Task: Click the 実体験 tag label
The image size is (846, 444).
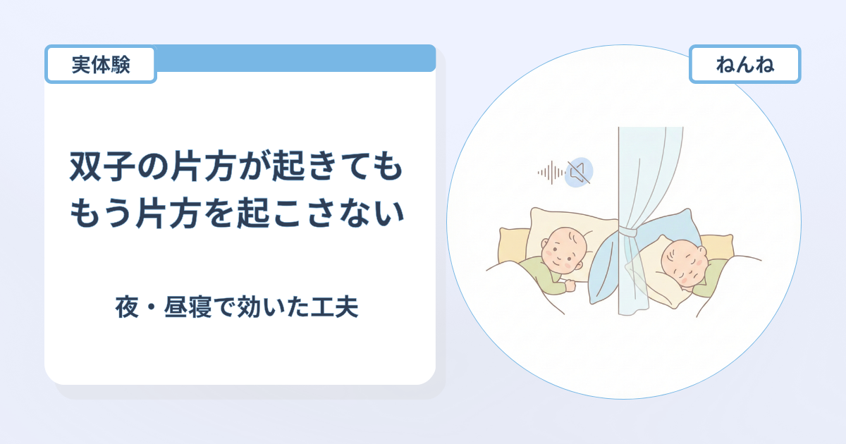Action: (x=100, y=64)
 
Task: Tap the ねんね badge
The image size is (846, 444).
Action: (x=744, y=64)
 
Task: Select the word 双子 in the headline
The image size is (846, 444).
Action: (x=103, y=166)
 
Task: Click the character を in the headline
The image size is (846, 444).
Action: (x=219, y=214)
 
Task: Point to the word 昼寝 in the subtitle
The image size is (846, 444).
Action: (x=188, y=307)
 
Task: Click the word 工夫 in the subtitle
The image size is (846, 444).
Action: (x=334, y=307)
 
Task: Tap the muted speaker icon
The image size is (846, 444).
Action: (x=579, y=172)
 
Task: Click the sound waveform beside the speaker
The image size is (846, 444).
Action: (x=551, y=173)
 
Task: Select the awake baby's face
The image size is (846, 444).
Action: (x=563, y=250)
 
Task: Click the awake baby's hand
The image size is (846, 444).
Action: (x=569, y=285)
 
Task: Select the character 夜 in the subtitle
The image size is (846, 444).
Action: (x=127, y=307)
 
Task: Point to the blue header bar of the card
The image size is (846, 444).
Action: (x=295, y=58)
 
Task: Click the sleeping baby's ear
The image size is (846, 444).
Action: (x=702, y=252)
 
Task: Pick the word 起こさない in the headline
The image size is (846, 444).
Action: (x=321, y=214)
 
